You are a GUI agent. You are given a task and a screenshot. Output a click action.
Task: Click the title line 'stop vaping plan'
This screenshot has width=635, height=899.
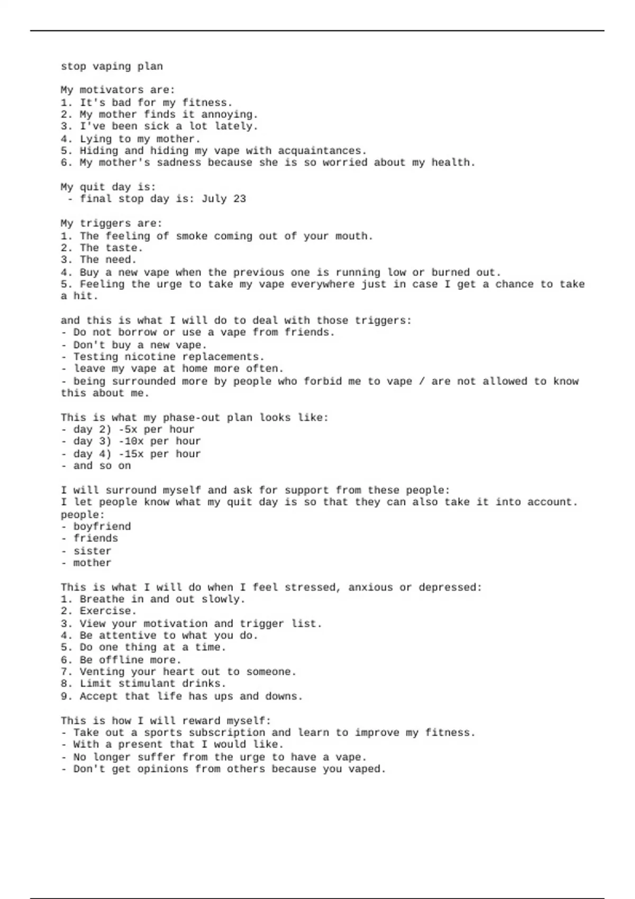coord(112,67)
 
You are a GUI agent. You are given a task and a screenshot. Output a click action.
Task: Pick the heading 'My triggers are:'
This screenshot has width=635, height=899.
coord(112,223)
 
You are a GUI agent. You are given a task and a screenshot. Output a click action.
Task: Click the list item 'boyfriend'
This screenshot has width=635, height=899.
coord(102,527)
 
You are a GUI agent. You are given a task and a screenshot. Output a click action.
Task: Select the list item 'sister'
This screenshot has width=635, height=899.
coord(93,551)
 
